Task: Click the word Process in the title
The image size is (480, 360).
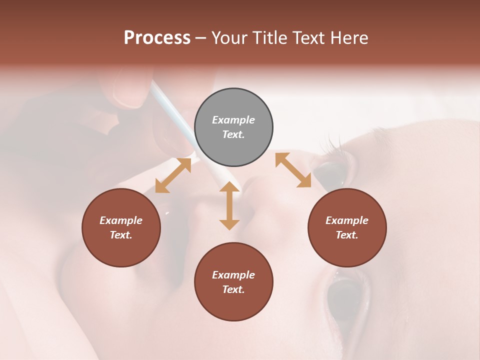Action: [157, 38]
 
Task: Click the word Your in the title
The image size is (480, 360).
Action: [228, 38]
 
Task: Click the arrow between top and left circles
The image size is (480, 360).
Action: [173, 175]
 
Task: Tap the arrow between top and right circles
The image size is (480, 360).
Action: [293, 170]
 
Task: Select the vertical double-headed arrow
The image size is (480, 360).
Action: [229, 205]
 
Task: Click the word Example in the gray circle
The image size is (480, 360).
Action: [233, 120]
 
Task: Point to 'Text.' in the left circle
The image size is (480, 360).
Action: [121, 235]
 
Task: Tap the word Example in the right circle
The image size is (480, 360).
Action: [347, 220]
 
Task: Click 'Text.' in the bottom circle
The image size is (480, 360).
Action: [233, 289]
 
